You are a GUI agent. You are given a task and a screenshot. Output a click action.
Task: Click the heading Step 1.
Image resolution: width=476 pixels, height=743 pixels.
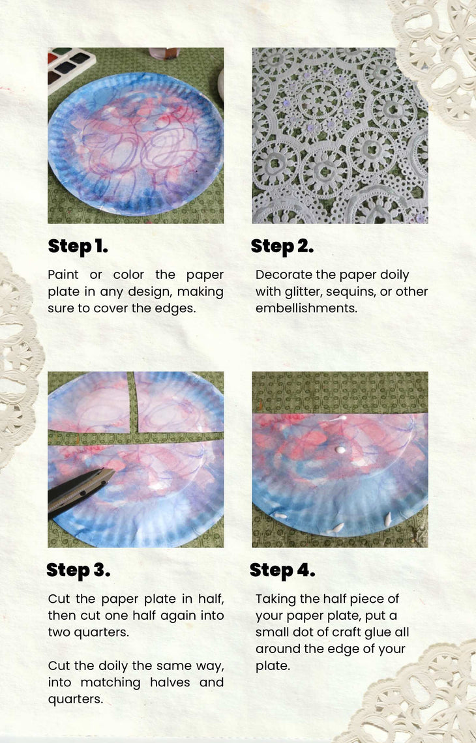[78, 246]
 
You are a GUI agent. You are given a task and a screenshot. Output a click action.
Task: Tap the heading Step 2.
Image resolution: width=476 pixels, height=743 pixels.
[282, 246]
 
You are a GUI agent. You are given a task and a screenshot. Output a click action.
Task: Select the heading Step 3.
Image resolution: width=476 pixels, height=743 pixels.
[78, 570]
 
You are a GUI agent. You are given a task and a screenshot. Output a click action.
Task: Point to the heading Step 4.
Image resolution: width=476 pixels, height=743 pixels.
[282, 570]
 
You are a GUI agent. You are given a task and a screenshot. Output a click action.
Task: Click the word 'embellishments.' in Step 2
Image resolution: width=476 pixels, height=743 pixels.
[306, 308]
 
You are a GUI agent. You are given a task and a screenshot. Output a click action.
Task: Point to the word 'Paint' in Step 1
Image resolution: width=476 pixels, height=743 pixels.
[63, 275]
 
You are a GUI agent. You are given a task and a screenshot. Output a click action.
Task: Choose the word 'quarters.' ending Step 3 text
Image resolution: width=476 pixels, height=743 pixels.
[76, 699]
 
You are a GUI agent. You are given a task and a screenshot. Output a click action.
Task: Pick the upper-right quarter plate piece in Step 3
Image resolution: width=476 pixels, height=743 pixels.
[179, 403]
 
